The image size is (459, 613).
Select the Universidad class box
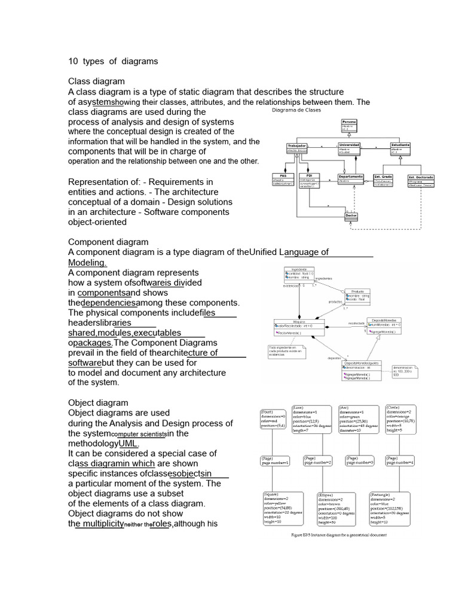[x=350, y=148]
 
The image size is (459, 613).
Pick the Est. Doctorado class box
[x=420, y=181]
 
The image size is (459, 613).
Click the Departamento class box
[x=350, y=178]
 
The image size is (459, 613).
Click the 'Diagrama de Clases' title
[x=297, y=111]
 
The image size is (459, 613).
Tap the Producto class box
[x=357, y=295]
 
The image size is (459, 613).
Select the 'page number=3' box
[x=360, y=460]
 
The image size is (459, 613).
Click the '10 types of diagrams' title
[x=113, y=61]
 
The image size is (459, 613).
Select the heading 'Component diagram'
[x=108, y=242]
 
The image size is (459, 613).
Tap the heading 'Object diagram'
[x=98, y=403]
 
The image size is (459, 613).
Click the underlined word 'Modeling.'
[x=87, y=262]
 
